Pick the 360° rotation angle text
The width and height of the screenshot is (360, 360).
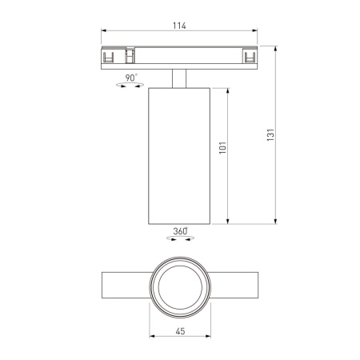[x=180, y=231]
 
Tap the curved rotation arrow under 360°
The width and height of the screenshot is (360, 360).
[x=180, y=238]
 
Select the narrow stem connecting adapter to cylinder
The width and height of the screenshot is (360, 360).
[x=180, y=78]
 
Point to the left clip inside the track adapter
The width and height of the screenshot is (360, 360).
[x=109, y=58]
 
